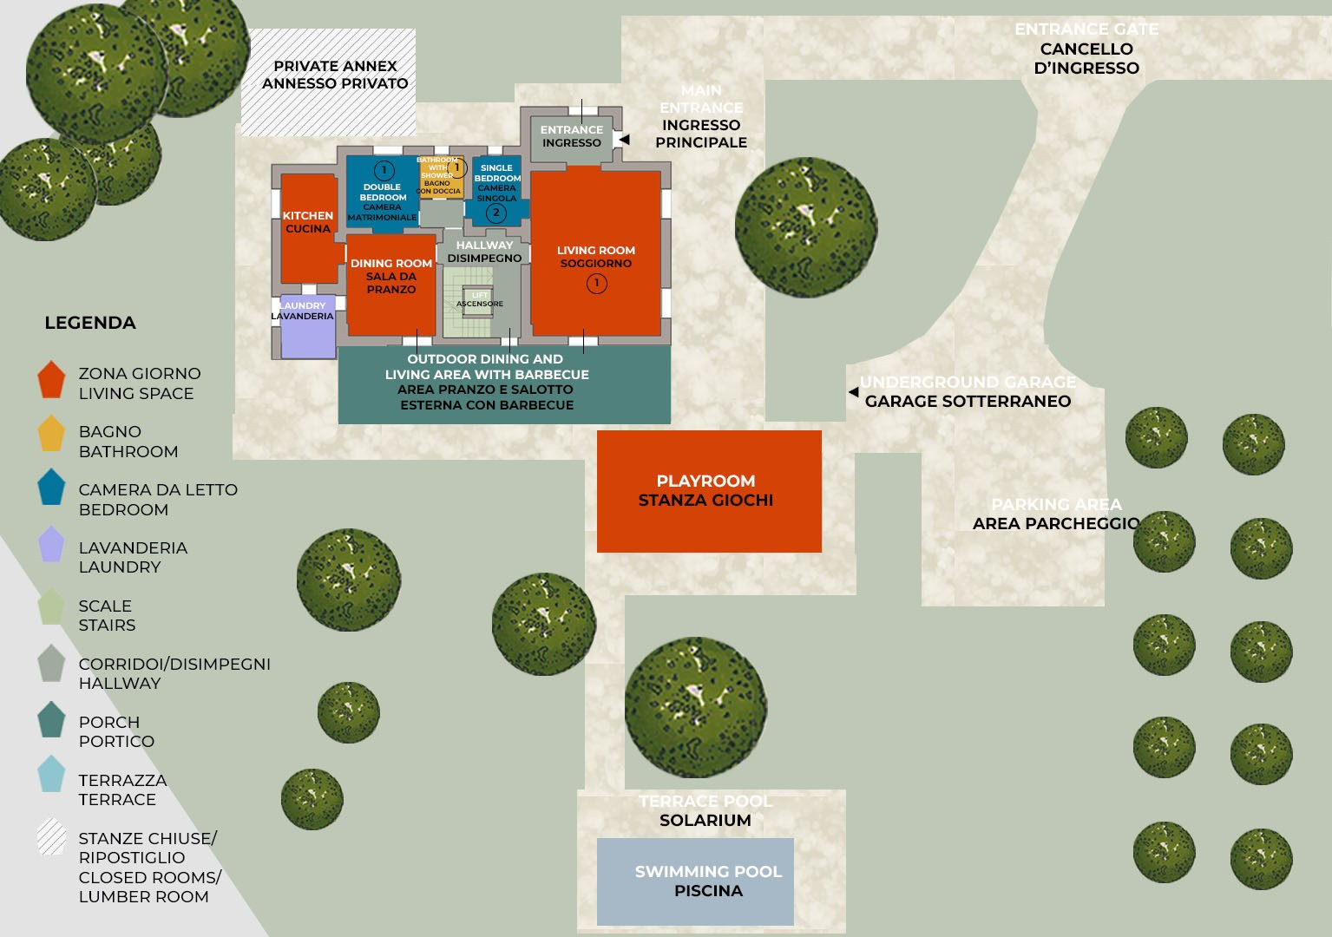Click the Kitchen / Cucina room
pos(308,227)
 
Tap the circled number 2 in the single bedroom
pos(496,213)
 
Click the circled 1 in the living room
pos(596,283)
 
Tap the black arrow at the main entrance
pos(624,139)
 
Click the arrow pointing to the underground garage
pos(853,392)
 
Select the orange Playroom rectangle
pos(708,491)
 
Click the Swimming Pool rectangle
pos(695,881)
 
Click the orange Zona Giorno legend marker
pos(51,380)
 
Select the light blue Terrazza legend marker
pos(51,774)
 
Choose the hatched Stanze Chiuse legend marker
pos(51,837)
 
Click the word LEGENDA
pos(90,323)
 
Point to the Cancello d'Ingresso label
pos(1086,58)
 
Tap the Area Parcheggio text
pos(1056,523)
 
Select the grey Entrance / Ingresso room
pos(571,137)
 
